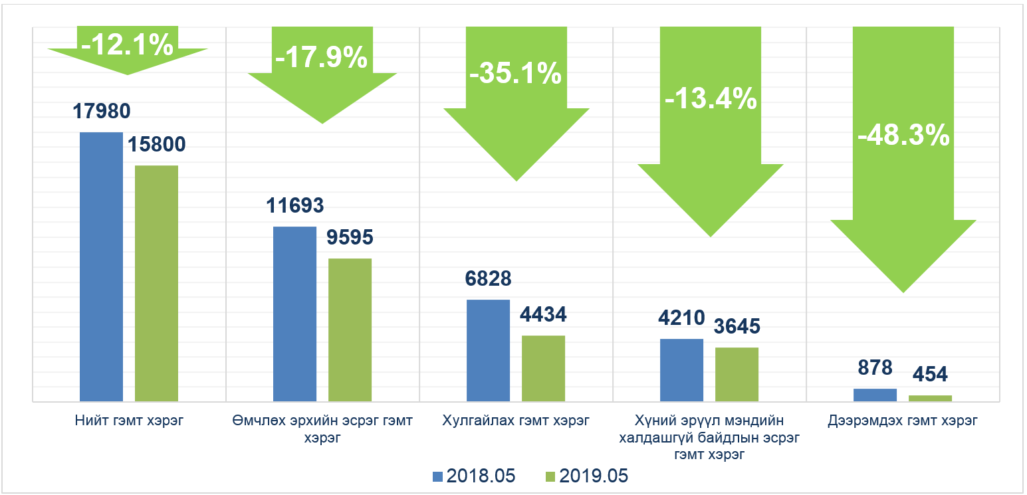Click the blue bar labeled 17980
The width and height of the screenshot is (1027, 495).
[x=101, y=266]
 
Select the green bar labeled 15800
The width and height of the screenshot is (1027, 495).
[x=156, y=283]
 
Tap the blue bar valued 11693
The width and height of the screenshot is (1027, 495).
[x=295, y=314]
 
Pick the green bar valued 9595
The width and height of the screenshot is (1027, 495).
[x=350, y=330]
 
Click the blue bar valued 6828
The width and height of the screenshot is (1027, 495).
[x=488, y=350]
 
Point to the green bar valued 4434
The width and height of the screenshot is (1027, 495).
[x=543, y=368]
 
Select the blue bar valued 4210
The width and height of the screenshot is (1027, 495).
[x=681, y=370]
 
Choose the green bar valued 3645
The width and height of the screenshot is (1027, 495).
[x=737, y=374]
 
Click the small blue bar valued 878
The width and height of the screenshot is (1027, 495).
[x=875, y=395]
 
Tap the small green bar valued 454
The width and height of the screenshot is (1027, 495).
[x=930, y=398]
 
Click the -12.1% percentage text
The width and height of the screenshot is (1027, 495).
[x=127, y=45]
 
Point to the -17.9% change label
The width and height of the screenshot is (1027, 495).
[x=321, y=58]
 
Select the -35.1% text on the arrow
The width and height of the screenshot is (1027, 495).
[x=516, y=74]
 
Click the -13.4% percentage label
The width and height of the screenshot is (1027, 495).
[x=711, y=99]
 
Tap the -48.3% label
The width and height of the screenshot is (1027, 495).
[x=903, y=136]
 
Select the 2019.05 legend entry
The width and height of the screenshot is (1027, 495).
[x=586, y=476]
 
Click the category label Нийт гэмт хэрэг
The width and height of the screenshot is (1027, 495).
[x=129, y=421]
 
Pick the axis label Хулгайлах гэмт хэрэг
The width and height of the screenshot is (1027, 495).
[x=516, y=421]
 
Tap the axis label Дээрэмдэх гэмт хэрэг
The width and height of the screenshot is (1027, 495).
[x=903, y=421]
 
